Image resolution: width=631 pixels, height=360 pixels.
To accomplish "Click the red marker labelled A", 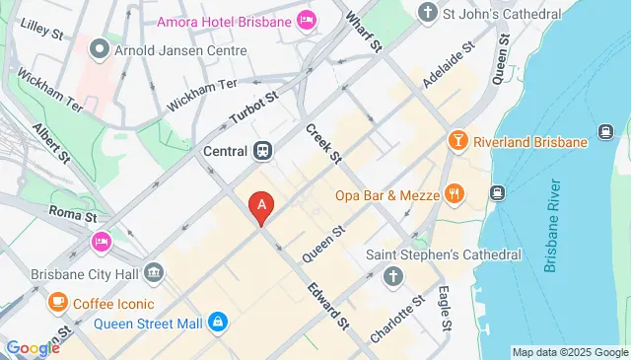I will point(261,206).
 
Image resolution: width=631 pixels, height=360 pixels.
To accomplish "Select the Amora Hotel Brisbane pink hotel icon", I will point(307,19).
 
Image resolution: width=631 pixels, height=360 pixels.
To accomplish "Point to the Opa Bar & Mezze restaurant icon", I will point(454,194).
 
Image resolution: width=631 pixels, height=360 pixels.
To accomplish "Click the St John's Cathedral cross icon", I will point(427,12).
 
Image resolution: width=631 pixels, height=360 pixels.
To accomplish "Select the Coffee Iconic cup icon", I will point(58,301).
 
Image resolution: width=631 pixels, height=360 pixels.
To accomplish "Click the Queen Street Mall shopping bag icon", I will point(218,321).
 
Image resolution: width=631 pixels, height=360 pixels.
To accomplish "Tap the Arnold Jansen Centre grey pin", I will point(99,47).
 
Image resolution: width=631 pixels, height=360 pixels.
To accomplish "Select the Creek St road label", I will point(322,143).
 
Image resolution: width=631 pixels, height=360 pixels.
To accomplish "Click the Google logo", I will point(33,347).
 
